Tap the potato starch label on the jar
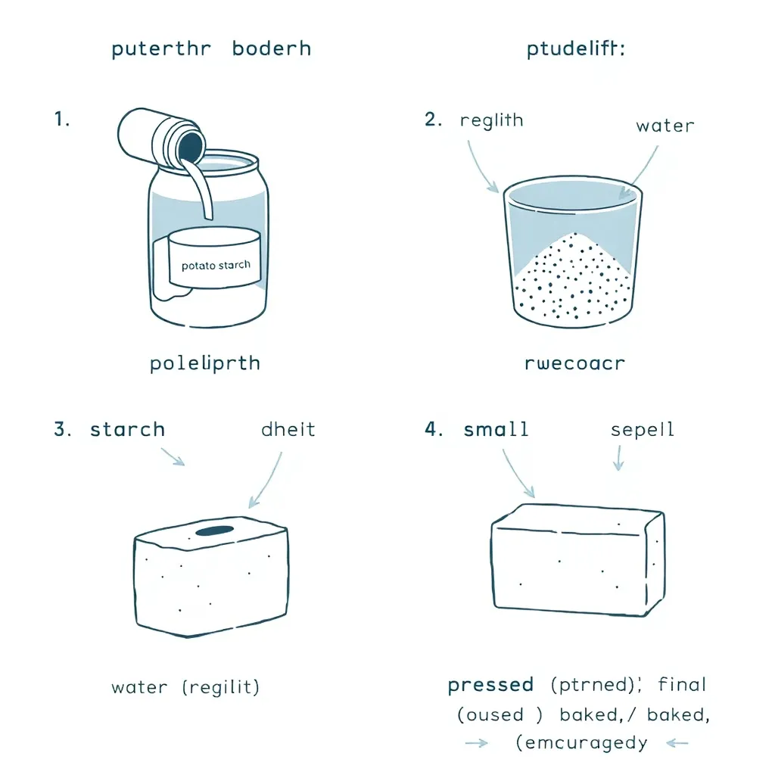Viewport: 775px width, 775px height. [216, 266]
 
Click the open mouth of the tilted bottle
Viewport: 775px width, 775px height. [189, 144]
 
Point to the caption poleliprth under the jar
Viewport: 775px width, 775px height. [204, 363]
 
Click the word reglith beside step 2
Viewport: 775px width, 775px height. [491, 121]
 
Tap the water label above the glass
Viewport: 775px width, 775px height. [665, 125]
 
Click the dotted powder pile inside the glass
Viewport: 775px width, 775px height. [575, 276]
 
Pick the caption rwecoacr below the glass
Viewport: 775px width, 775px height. [575, 363]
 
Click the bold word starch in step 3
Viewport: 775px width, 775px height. [127, 430]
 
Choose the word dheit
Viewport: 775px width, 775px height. [288, 430]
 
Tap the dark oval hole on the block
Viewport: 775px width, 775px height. [215, 532]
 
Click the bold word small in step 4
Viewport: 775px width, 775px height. [496, 430]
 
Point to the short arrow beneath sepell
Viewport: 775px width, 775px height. [618, 458]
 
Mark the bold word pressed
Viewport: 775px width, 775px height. [490, 686]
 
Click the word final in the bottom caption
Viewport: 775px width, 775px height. [682, 686]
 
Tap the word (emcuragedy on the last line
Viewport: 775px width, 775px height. [581, 743]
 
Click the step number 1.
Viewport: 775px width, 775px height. [62, 120]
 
